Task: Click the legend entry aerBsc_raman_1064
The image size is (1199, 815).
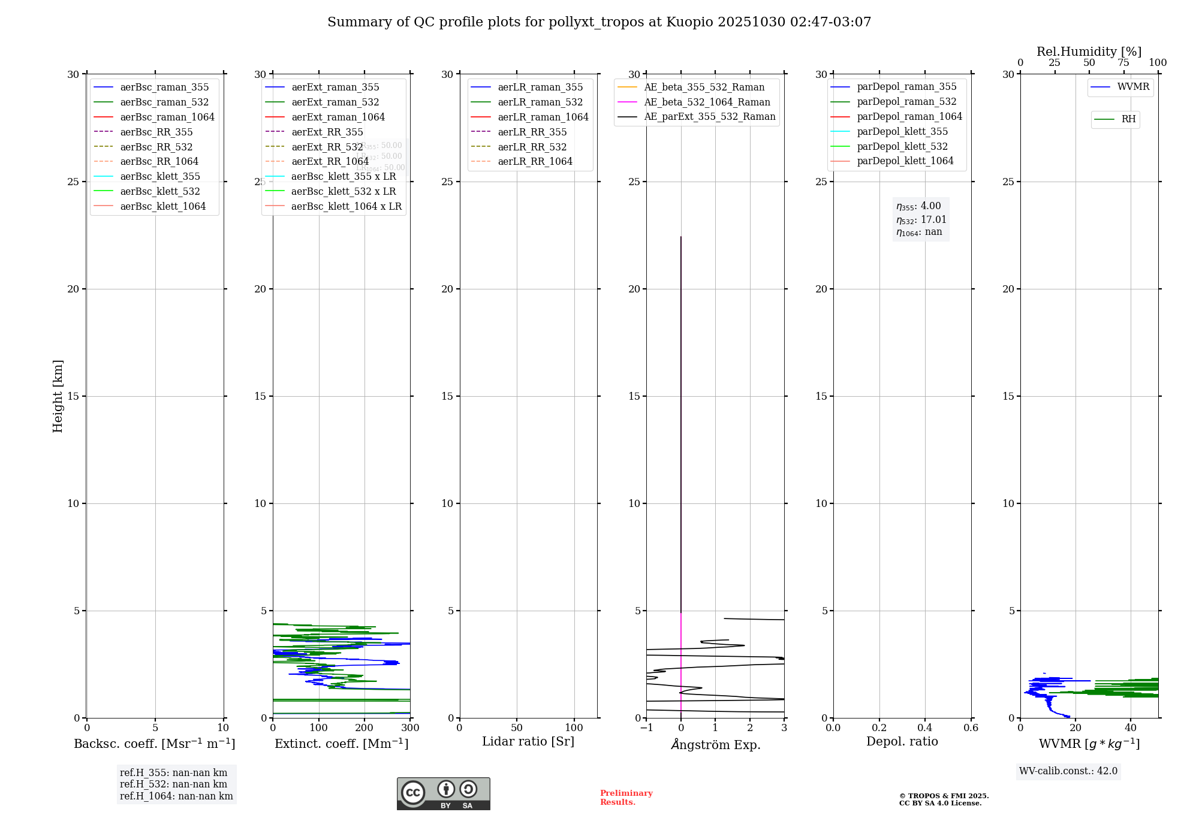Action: pos(167,117)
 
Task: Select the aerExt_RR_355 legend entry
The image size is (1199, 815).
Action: pos(327,132)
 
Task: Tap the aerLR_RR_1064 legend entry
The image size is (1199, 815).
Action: pos(535,161)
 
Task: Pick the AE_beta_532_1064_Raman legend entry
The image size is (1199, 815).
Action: pos(707,102)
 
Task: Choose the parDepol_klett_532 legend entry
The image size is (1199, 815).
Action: pos(902,146)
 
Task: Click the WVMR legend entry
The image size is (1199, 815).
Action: pos(1133,87)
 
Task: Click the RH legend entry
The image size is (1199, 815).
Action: pos(1128,119)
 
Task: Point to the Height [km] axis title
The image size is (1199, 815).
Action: pos(58,396)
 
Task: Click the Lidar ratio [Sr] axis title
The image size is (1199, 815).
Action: pos(528,741)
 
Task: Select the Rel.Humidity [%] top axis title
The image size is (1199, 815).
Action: pos(1089,52)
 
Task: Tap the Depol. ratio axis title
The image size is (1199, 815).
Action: pos(902,741)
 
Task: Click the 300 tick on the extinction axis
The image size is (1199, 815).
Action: pos(410,728)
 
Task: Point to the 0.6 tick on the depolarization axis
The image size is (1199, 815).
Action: pos(971,728)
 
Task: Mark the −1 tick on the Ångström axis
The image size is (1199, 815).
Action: pos(646,728)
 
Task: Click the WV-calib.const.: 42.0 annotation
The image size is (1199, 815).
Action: pos(1068,771)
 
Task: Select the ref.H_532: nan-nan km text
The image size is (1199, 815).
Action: pos(173,784)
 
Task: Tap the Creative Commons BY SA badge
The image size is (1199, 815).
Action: pos(443,793)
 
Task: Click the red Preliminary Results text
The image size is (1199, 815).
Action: pos(626,798)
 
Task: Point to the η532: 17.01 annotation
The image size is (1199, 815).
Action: pos(921,220)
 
